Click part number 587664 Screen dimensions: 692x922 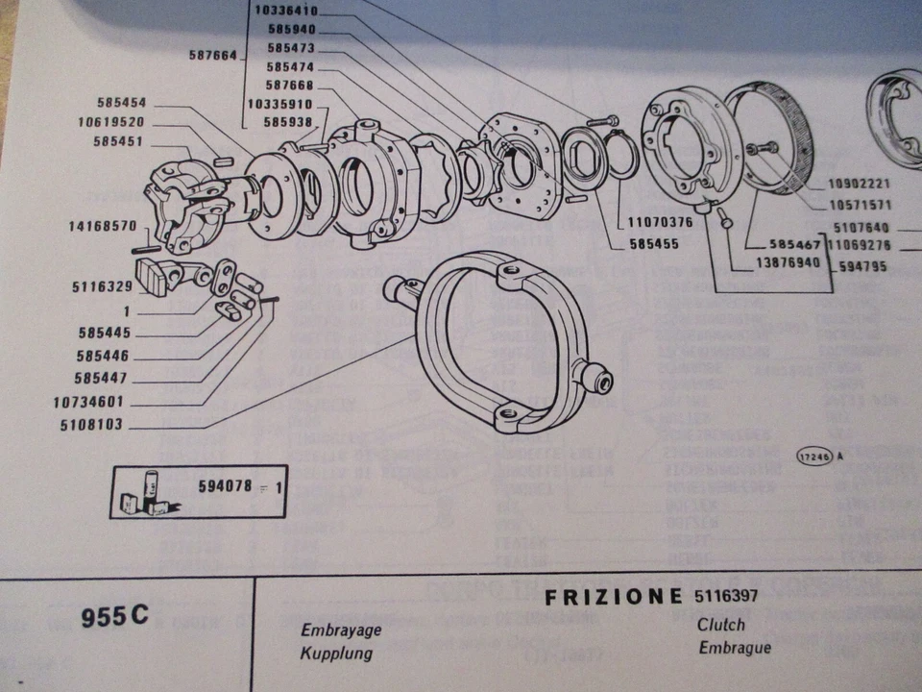tap(212, 56)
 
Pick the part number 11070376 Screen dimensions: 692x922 tap(660, 222)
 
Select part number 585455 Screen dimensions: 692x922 tap(655, 244)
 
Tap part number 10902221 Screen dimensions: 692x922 tap(851, 184)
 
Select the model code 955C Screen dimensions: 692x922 tap(115, 617)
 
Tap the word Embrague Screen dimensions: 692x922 tap(735, 647)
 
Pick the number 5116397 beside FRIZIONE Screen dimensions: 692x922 tap(725, 596)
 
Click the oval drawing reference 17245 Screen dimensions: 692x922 tap(813, 458)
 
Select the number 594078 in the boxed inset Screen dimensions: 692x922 tap(224, 486)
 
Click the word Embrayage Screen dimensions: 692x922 tap(342, 630)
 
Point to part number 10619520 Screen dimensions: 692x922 tap(111, 122)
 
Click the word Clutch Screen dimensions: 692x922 tap(721, 625)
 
